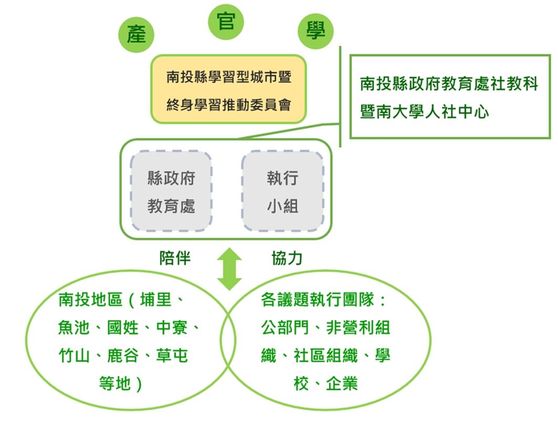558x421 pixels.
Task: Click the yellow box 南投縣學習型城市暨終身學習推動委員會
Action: coord(229,90)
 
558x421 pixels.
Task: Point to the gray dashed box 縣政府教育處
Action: coord(171,192)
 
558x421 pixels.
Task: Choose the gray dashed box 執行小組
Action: coord(282,192)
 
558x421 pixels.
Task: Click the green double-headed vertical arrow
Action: coord(229,269)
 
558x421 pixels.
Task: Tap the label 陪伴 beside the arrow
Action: coord(175,258)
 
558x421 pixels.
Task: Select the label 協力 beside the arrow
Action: coord(287,258)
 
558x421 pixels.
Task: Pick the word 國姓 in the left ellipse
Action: coord(123,328)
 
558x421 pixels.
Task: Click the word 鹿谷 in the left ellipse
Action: coord(123,356)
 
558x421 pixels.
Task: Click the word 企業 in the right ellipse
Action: coord(342,383)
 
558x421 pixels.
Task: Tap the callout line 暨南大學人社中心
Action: coord(425,112)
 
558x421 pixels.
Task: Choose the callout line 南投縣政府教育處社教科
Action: coord(449,84)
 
